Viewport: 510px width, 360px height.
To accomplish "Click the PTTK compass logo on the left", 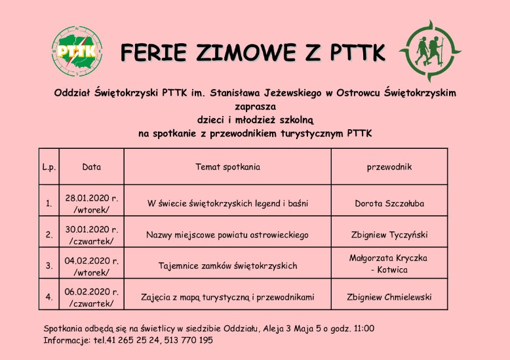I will (77, 50).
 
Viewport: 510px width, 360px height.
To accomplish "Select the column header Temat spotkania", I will (227, 167).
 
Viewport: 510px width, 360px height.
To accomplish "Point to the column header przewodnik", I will (389, 167).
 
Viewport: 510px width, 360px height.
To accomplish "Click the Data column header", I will (92, 167).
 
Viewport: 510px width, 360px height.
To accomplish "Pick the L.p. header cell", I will (49, 167).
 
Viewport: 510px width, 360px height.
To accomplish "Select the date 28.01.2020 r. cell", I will (92, 203).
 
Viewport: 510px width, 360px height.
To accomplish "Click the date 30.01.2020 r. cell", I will (92, 234).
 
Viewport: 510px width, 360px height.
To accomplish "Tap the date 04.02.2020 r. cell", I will (92, 265).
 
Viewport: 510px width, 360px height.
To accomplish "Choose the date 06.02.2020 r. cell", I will (92, 296).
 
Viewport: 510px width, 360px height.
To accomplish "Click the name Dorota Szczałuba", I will (389, 203).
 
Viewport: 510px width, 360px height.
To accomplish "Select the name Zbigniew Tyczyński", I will (389, 234).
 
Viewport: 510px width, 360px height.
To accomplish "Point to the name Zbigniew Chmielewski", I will (389, 297).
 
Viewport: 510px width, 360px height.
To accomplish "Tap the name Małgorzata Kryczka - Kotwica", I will (389, 264).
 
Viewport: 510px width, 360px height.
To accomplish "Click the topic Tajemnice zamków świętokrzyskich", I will (227, 266).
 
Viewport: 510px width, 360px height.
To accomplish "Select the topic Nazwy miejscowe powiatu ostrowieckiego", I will (227, 234).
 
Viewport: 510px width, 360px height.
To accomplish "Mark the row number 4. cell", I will (49, 297).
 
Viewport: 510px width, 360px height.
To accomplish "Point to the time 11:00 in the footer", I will (363, 328).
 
